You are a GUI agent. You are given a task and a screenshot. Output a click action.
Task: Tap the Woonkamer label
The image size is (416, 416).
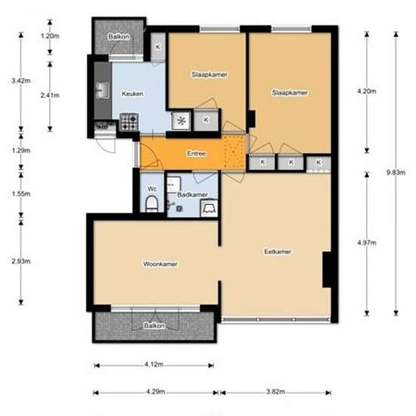tap(160, 264)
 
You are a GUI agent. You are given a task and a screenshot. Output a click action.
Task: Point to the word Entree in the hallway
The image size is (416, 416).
tap(196, 154)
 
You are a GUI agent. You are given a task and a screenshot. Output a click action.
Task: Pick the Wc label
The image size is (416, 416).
tap(151, 188)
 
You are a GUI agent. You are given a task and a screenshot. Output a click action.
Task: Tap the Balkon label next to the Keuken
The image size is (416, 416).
tap(117, 36)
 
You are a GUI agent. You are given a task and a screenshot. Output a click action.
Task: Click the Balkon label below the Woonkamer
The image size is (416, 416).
tap(153, 325)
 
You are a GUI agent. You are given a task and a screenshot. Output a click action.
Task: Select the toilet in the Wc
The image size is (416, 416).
tap(151, 203)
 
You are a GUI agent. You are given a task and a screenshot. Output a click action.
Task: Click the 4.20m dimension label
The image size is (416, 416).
tap(365, 91)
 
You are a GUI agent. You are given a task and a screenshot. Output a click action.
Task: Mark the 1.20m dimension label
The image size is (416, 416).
tap(50, 36)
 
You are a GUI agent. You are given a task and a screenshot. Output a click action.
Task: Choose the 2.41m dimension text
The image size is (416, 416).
tap(50, 95)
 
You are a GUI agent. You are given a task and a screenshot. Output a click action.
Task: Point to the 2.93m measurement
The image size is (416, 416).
tap(20, 261)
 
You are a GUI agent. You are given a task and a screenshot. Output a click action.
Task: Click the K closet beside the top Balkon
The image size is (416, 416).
tap(157, 47)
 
